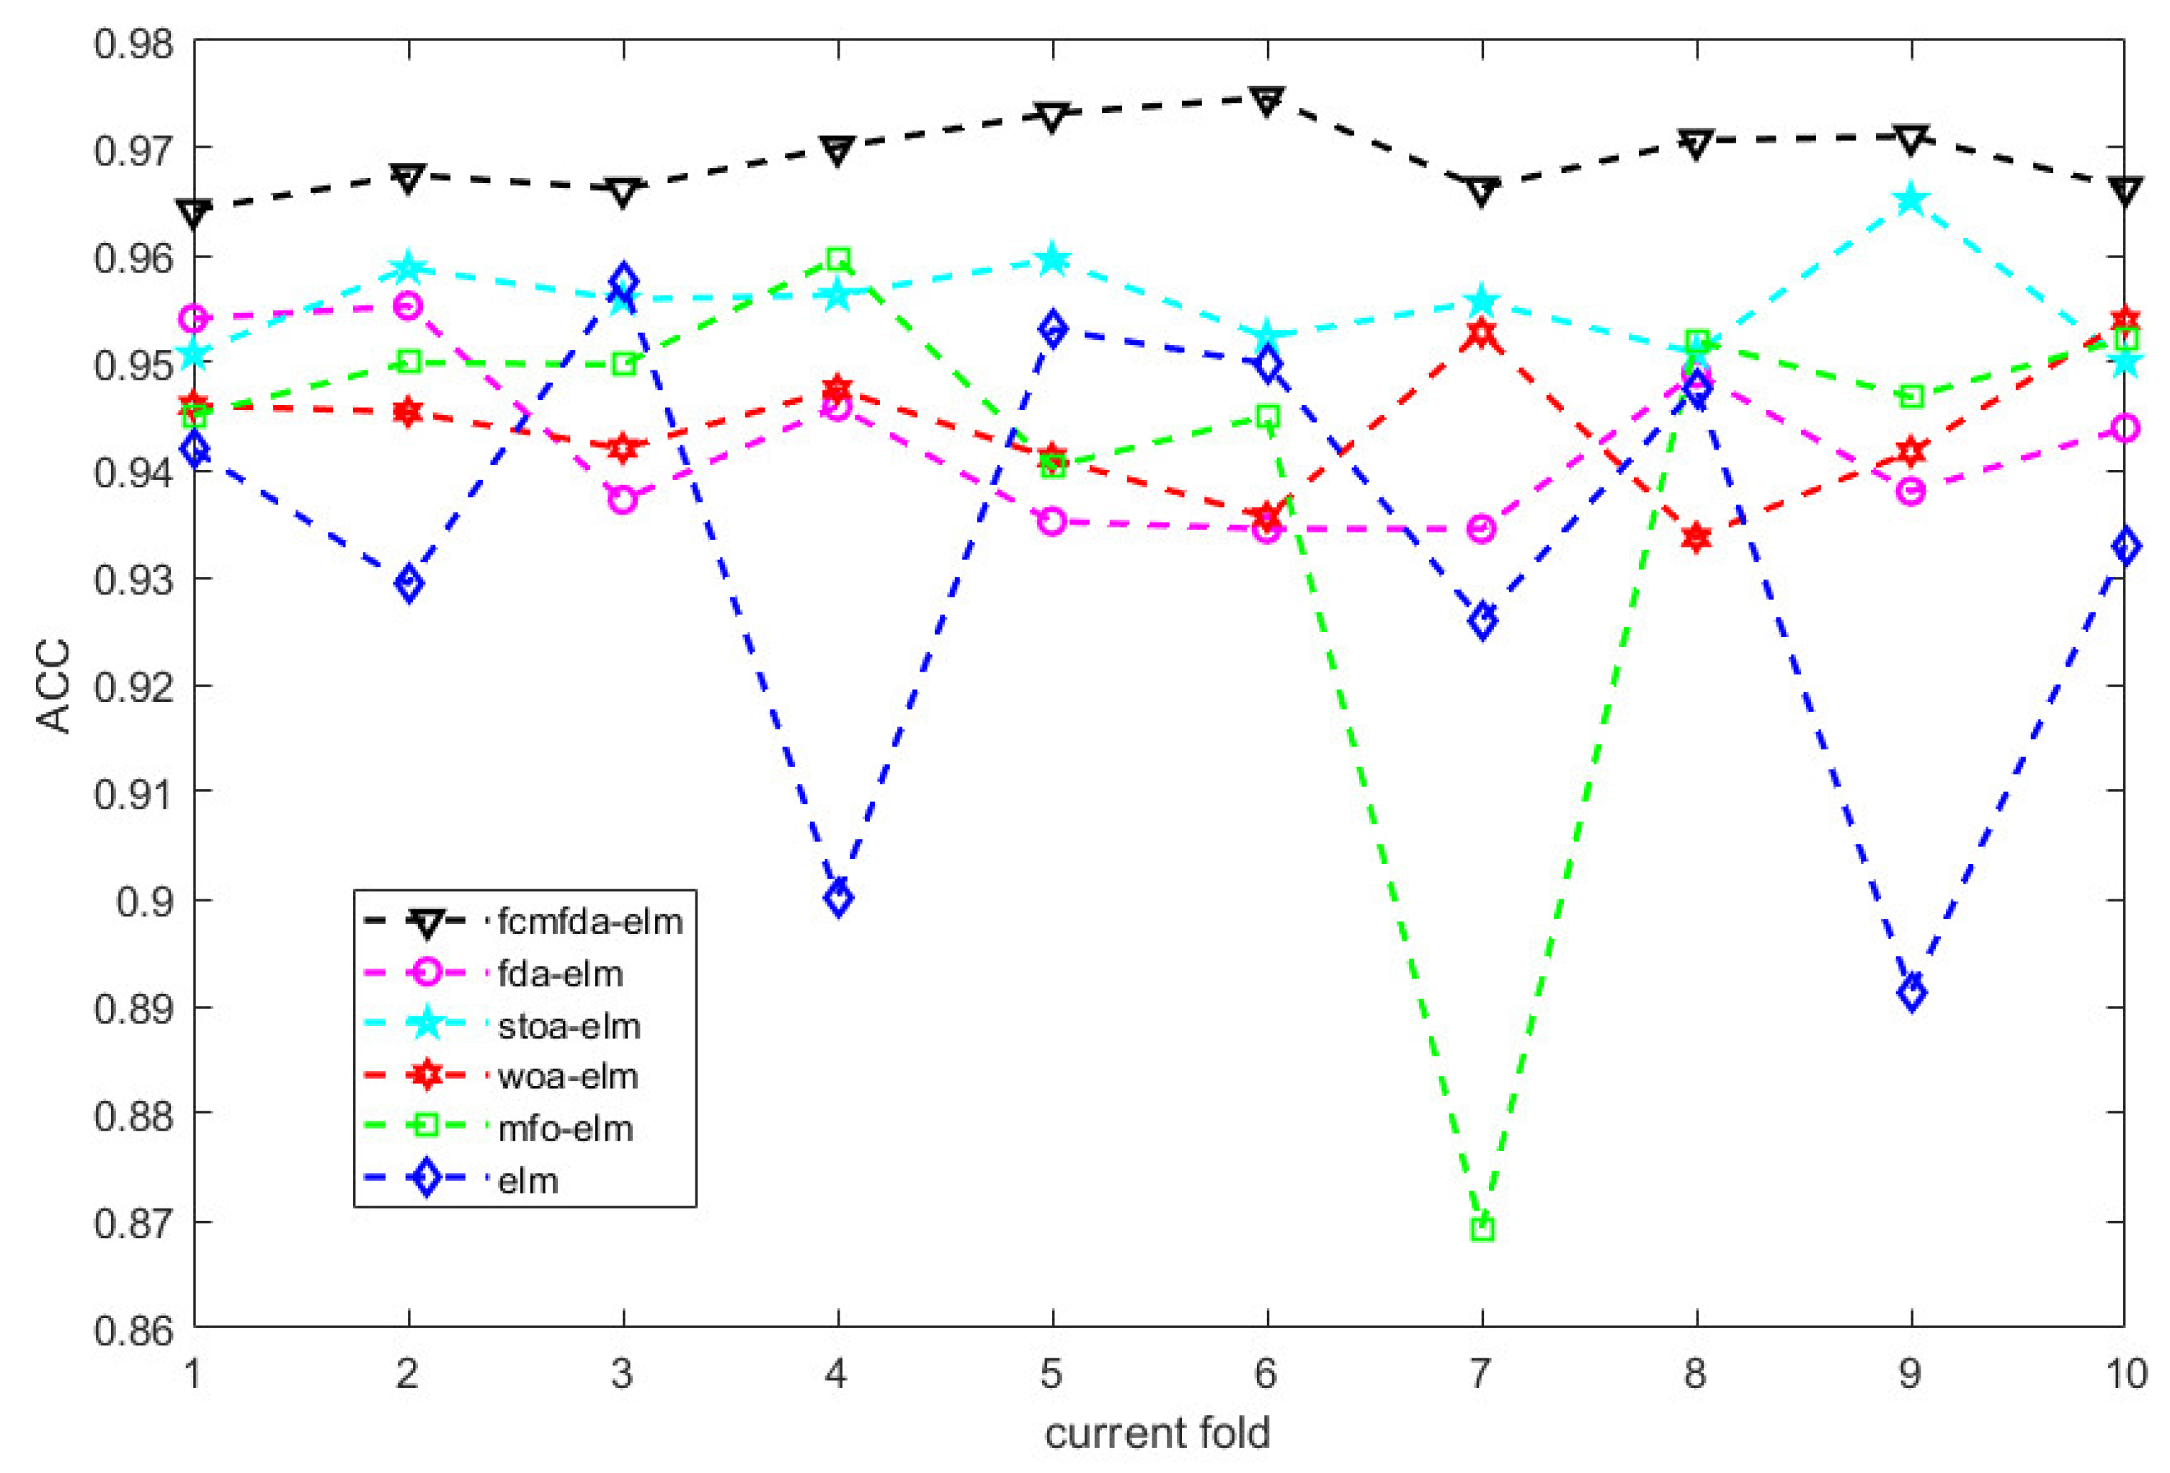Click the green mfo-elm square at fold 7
(x=1482, y=1229)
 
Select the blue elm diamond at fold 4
(x=837, y=898)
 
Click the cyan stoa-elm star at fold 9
(x=1911, y=199)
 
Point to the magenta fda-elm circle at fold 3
(x=623, y=499)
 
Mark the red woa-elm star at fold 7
(x=1482, y=333)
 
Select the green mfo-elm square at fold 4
(x=837, y=259)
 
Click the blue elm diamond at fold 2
(x=408, y=584)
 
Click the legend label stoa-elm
(x=569, y=1026)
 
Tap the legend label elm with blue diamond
(x=528, y=1181)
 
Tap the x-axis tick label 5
(x=1051, y=1373)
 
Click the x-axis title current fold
(x=1158, y=1433)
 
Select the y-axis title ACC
(x=53, y=685)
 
